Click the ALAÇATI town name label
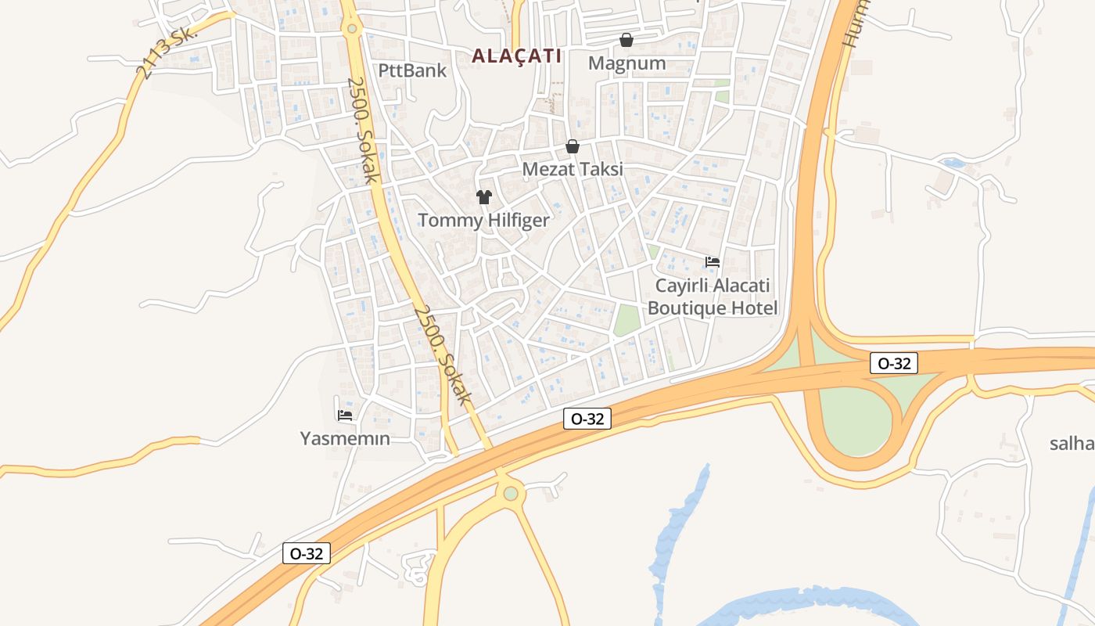tap(517, 56)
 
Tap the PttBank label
tap(412, 70)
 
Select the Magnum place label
tap(627, 63)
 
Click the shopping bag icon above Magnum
tap(626, 40)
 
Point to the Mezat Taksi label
tap(573, 169)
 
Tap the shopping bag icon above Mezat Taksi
tap(573, 146)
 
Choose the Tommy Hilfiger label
tap(484, 220)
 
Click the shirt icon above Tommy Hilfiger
tap(484, 197)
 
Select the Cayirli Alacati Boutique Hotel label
tap(713, 297)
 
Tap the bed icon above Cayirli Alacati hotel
tap(713, 262)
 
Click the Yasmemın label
tap(345, 438)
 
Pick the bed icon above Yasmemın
tap(345, 416)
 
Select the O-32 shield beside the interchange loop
tap(893, 363)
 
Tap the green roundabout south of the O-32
tap(511, 493)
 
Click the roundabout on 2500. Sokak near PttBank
tap(352, 29)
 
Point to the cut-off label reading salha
tap(1072, 444)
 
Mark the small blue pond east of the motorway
tap(953, 164)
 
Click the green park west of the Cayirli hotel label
tap(626, 320)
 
